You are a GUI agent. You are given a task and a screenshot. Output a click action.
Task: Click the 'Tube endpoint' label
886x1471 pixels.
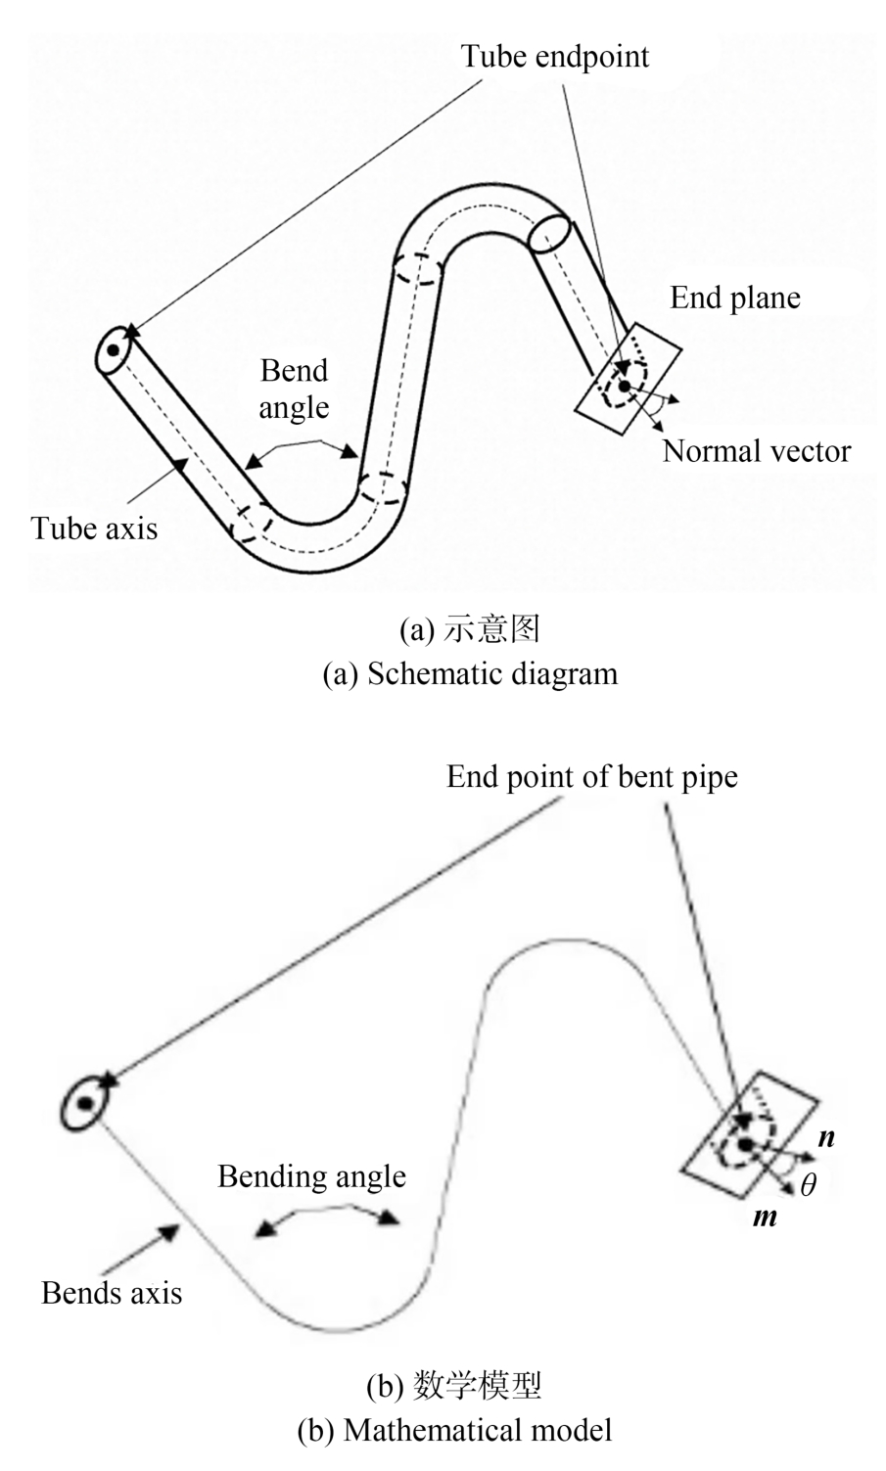click(555, 56)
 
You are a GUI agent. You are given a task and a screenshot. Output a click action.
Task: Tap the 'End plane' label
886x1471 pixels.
click(734, 298)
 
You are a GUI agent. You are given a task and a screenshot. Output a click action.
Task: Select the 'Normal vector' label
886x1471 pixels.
click(756, 450)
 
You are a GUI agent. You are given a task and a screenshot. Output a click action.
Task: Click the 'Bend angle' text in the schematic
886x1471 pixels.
click(294, 389)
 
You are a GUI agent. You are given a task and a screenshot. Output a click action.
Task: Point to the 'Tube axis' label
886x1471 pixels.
click(94, 529)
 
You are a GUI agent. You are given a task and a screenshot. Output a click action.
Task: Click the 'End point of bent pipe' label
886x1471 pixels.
click(591, 777)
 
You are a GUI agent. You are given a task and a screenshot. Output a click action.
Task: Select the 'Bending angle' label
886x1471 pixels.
click(311, 1175)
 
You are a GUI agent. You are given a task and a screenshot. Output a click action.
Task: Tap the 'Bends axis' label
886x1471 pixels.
click(112, 1293)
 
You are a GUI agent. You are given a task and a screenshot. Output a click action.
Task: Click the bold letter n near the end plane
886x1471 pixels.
click(826, 1137)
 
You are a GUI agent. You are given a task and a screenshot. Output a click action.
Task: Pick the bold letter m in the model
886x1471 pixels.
click(764, 1218)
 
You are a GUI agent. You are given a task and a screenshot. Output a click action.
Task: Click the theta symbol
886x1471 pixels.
click(808, 1185)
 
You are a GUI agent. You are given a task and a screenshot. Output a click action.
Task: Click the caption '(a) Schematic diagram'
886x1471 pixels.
click(470, 674)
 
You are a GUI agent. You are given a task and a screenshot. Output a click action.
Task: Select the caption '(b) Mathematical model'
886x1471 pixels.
click(454, 1430)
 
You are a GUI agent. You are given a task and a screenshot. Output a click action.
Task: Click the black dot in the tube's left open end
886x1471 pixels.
click(114, 349)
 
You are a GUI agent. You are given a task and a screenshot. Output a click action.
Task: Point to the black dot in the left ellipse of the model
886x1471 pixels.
click(85, 1103)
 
